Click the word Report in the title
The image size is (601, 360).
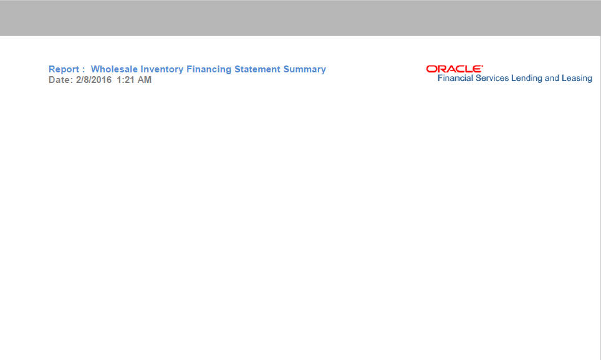click(x=64, y=69)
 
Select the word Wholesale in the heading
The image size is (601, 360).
click(x=114, y=69)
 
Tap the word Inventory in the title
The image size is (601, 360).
click(x=161, y=69)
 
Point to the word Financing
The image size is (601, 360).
click(x=209, y=69)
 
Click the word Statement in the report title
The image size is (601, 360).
click(x=257, y=69)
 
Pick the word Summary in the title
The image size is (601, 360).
click(x=305, y=69)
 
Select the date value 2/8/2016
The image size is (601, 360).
click(x=94, y=80)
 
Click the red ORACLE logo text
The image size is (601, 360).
click(x=454, y=69)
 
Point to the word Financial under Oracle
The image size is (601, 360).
click(x=455, y=78)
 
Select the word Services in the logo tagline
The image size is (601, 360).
click(x=492, y=78)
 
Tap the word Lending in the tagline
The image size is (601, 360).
click(x=527, y=79)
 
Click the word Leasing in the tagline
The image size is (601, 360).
click(x=577, y=79)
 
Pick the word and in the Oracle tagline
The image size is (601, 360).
click(x=552, y=78)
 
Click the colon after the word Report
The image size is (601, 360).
click(x=83, y=70)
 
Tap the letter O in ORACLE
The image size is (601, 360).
click(x=431, y=69)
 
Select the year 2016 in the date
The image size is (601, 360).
click(x=102, y=80)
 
